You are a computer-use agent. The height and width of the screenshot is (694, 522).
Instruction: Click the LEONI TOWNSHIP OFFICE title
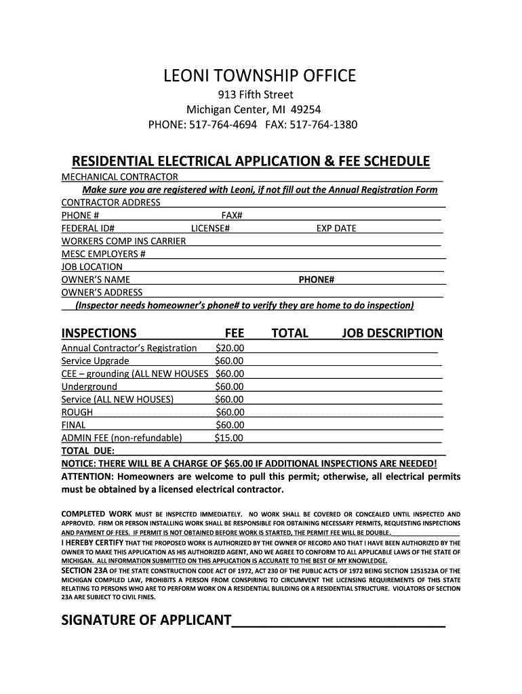coord(260,76)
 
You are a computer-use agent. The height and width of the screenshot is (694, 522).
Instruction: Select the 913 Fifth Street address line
coord(260,95)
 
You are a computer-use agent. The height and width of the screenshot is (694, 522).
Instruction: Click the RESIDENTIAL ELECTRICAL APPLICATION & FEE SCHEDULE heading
coord(251,161)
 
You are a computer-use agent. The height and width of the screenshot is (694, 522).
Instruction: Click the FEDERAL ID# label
coord(87,228)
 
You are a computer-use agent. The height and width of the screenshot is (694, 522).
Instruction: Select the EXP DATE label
coord(336,228)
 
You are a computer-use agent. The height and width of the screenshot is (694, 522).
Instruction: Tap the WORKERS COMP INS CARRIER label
coord(123,241)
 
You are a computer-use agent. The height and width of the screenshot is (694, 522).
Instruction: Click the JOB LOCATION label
coord(92,267)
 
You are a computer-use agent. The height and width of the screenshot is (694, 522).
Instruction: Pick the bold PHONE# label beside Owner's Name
coord(317,280)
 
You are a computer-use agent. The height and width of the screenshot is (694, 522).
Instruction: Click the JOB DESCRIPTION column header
coord(392,333)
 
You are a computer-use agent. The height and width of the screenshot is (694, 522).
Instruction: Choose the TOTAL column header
coord(289,333)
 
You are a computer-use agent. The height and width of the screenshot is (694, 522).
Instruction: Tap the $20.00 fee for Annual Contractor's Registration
coord(229,348)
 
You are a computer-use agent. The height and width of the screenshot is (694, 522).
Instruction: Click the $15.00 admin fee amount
coord(228,438)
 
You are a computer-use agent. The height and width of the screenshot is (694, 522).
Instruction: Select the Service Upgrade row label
coord(95,361)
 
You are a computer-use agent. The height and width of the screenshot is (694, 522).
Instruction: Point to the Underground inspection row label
coord(89,387)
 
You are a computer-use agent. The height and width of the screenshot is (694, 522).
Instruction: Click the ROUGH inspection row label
coord(77,412)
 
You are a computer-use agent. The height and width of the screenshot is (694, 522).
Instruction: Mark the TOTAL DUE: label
coord(88,451)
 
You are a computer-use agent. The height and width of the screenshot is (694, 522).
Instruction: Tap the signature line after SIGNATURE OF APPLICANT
coord(338,621)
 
